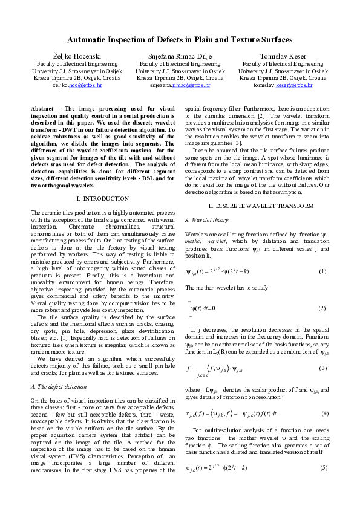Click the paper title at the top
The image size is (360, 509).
click(x=180, y=39)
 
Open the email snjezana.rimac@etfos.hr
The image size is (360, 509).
click(x=180, y=86)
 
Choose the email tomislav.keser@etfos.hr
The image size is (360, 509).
click(x=283, y=86)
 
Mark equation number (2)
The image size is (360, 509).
click(x=322, y=308)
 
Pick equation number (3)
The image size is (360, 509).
click(x=322, y=368)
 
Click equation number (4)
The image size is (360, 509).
click(x=322, y=413)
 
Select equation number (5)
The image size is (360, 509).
click(x=322, y=468)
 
